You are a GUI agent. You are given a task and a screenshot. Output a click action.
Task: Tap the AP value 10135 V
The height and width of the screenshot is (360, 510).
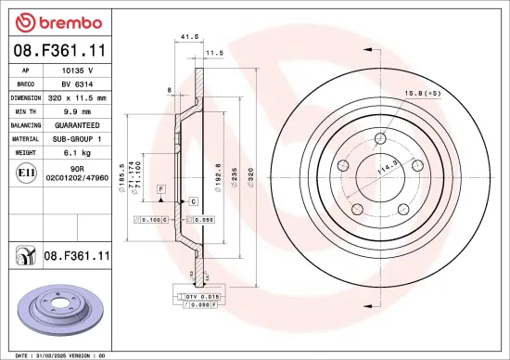[x=77, y=70]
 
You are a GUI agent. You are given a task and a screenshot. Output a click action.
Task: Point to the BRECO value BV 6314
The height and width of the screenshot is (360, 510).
[x=77, y=83]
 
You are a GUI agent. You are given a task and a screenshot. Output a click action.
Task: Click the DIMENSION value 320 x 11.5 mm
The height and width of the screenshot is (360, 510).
[x=77, y=96]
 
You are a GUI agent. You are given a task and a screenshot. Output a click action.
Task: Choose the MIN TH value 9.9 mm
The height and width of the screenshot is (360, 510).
[x=77, y=110]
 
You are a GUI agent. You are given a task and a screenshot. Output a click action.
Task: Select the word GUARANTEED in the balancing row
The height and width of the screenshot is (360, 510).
[x=77, y=123]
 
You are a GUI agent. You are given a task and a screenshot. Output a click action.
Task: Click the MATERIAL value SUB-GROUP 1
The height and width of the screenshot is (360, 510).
[x=77, y=137]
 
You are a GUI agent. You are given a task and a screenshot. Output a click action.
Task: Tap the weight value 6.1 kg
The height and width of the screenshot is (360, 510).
[x=77, y=151]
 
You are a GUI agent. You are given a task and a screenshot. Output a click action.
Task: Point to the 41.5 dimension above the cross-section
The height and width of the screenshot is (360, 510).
[x=189, y=37]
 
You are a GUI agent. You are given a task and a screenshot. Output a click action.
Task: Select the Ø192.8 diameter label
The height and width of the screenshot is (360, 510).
[x=218, y=173]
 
